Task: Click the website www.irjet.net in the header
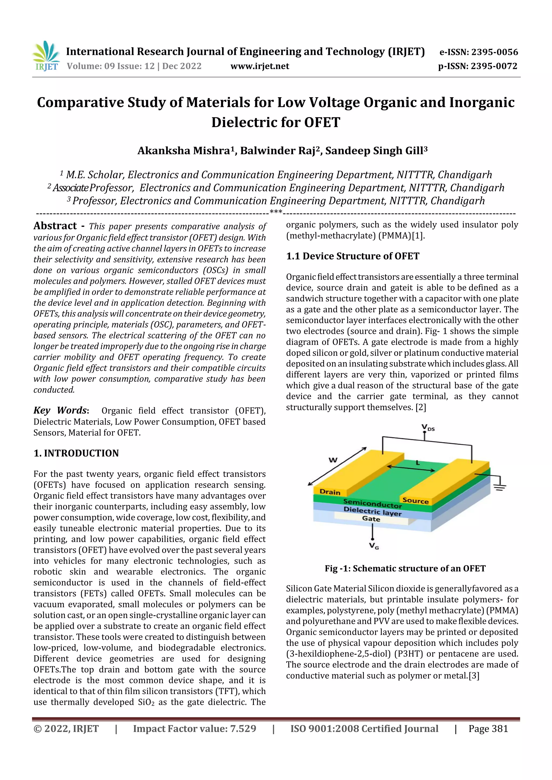[260, 66]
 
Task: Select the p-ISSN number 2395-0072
[494, 66]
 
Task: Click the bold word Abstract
[55, 226]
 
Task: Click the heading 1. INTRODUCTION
[76, 453]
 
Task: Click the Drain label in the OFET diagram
[330, 492]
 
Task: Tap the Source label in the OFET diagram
[415, 501]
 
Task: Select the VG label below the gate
[374, 546]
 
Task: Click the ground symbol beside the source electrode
[499, 488]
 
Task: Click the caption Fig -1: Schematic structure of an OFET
[405, 568]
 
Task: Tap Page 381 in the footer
[488, 729]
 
